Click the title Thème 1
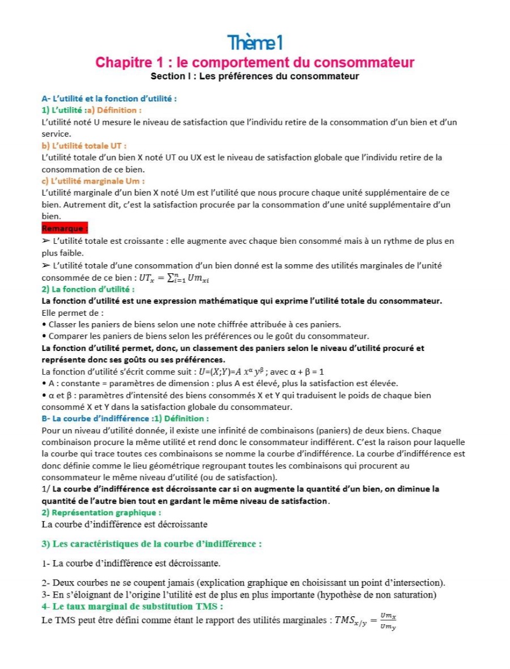(x=254, y=42)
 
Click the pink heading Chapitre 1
(x=254, y=62)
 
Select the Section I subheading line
(x=254, y=75)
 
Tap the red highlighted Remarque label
(x=65, y=228)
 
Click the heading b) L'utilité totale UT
(x=84, y=145)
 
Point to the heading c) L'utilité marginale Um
(x=93, y=181)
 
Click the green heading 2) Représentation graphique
(x=97, y=513)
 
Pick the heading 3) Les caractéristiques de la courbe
(x=151, y=544)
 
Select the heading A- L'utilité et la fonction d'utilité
(x=109, y=98)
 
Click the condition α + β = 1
(x=304, y=371)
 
